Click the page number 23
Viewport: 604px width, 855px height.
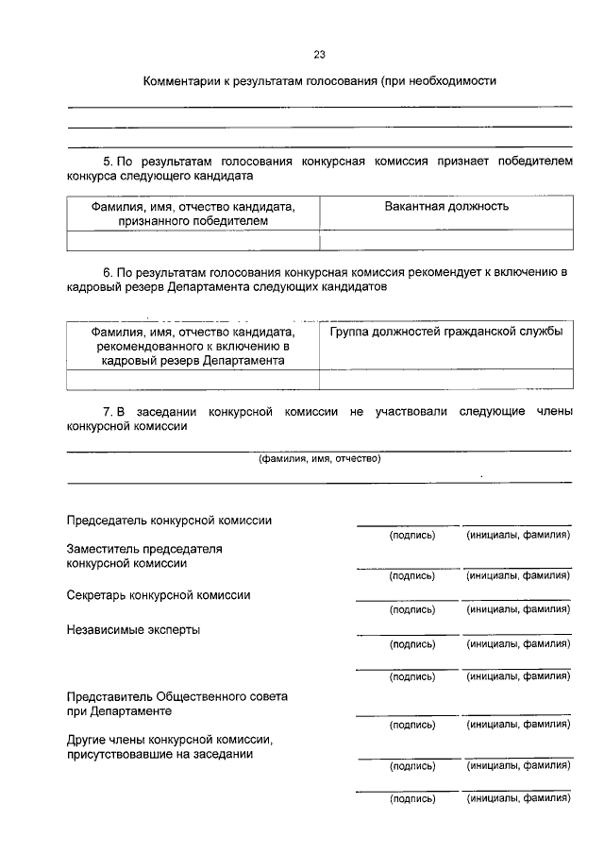coord(319,54)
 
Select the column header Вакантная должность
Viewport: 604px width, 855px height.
coord(446,206)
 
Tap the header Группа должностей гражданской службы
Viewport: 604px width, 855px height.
coord(446,332)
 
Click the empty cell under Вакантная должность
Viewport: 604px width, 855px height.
coord(446,240)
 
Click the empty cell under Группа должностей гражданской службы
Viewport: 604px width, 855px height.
coord(446,379)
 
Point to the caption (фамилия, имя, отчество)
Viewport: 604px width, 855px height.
coord(319,459)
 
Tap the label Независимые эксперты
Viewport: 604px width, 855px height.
coord(133,629)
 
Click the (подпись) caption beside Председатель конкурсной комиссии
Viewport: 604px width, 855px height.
coord(412,536)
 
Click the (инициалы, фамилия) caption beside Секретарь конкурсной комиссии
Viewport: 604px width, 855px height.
coord(518,610)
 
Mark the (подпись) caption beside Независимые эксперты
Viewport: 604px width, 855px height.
coord(412,644)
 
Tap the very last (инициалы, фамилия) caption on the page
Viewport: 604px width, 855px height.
coord(518,799)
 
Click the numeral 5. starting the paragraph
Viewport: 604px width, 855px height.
coord(109,162)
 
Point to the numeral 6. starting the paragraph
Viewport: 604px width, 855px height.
coord(109,272)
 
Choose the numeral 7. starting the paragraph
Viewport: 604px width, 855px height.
coord(108,412)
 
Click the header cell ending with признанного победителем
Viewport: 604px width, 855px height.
coord(193,214)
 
